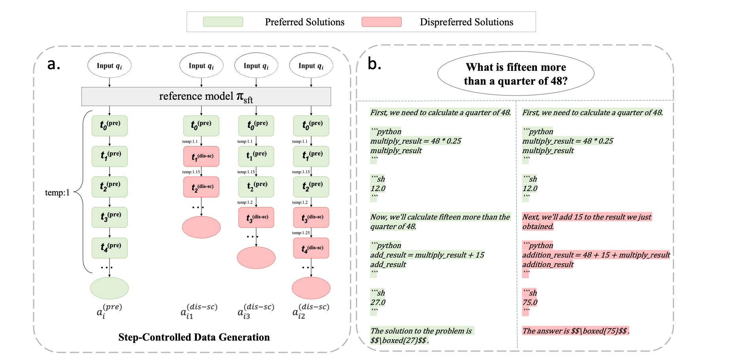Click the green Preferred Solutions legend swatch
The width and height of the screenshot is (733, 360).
[223, 22]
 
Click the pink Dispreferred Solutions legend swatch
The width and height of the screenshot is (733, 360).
[382, 22]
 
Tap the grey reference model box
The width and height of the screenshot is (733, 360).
[206, 97]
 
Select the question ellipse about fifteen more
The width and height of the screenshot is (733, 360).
[516, 74]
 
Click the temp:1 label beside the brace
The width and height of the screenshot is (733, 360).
[57, 193]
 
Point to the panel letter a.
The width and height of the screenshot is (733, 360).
[53, 64]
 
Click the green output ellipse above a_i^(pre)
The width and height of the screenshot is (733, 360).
[110, 288]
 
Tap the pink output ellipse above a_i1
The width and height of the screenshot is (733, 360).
[201, 227]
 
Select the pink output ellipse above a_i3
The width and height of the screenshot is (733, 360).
[256, 258]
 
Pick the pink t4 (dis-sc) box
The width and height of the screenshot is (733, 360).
[311, 248]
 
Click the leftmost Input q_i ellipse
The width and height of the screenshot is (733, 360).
[110, 66]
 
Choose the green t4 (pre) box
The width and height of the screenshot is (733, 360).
[110, 248]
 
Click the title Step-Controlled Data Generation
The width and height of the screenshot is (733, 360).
[194, 337]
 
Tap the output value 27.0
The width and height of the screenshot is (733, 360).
[378, 303]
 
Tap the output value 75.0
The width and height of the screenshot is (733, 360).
[530, 303]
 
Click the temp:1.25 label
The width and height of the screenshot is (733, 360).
[301, 233]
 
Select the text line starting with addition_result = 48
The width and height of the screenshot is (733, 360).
[596, 255]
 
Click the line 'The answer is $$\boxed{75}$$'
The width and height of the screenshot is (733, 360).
[576, 331]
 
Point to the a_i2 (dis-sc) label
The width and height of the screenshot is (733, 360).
[311, 311]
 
